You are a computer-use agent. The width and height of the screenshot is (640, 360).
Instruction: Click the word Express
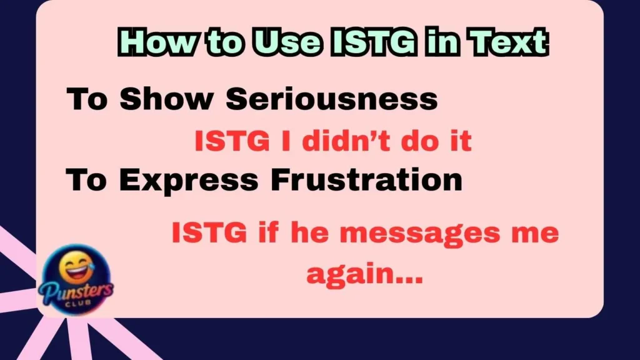(x=188, y=180)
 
